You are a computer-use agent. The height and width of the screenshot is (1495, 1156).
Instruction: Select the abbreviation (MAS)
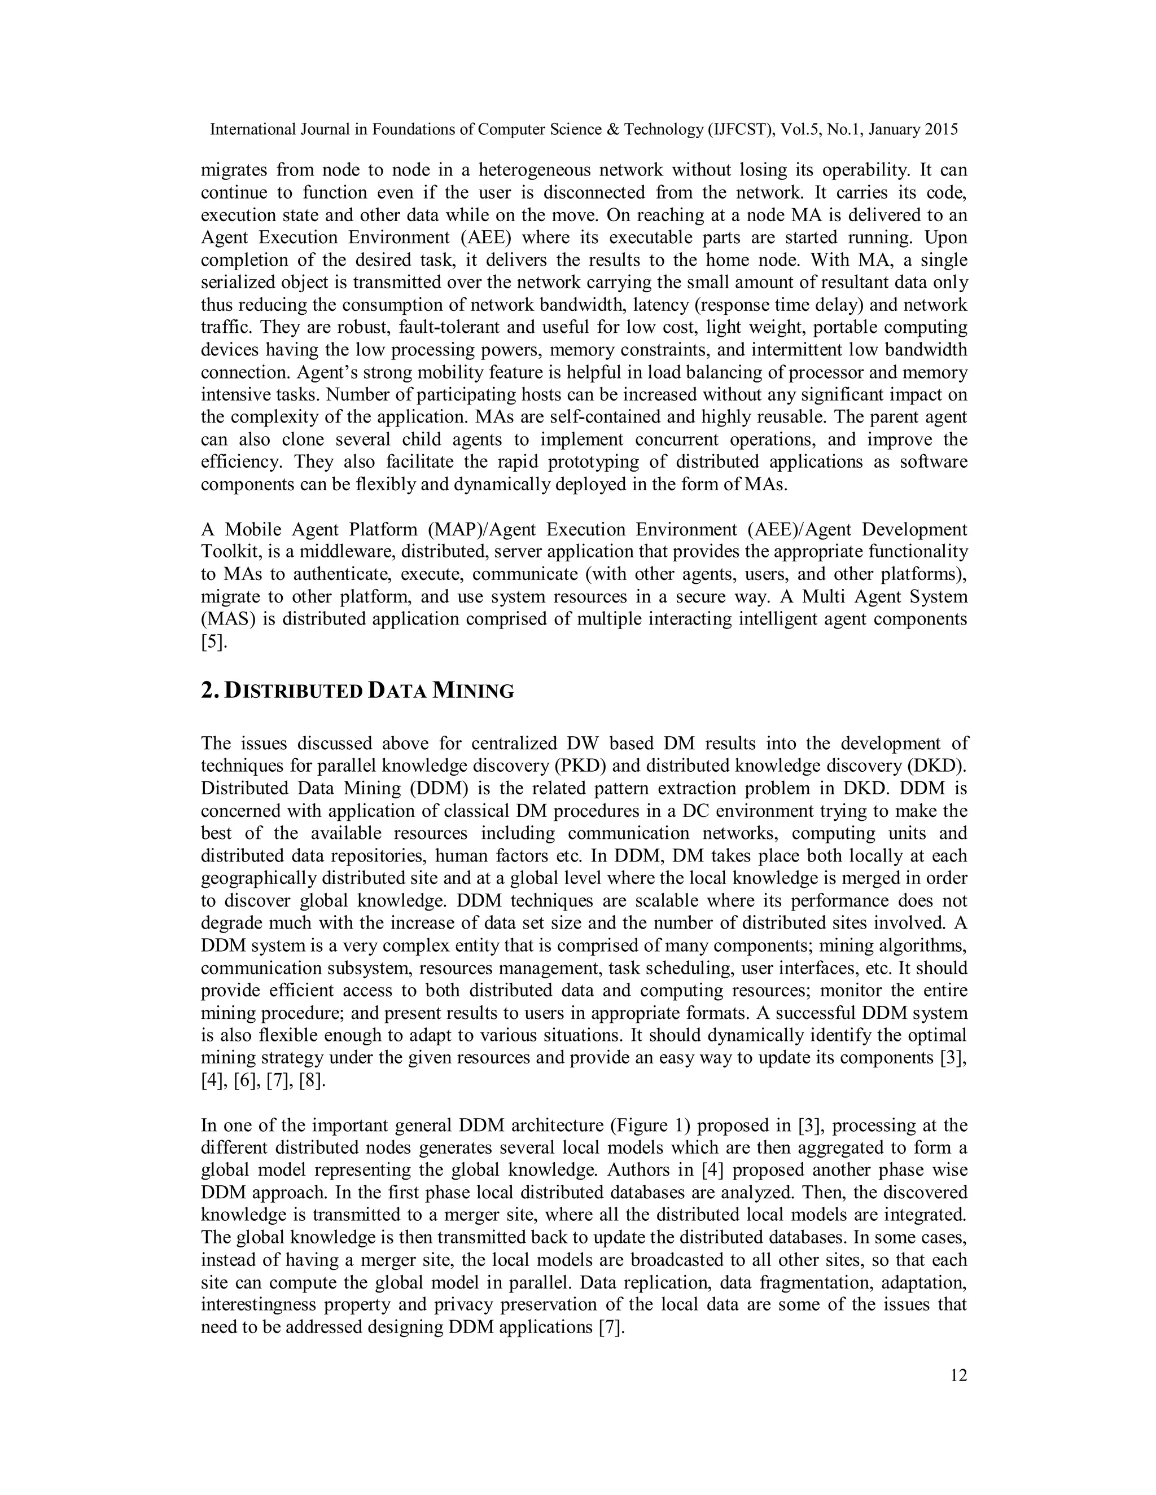(224, 619)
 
